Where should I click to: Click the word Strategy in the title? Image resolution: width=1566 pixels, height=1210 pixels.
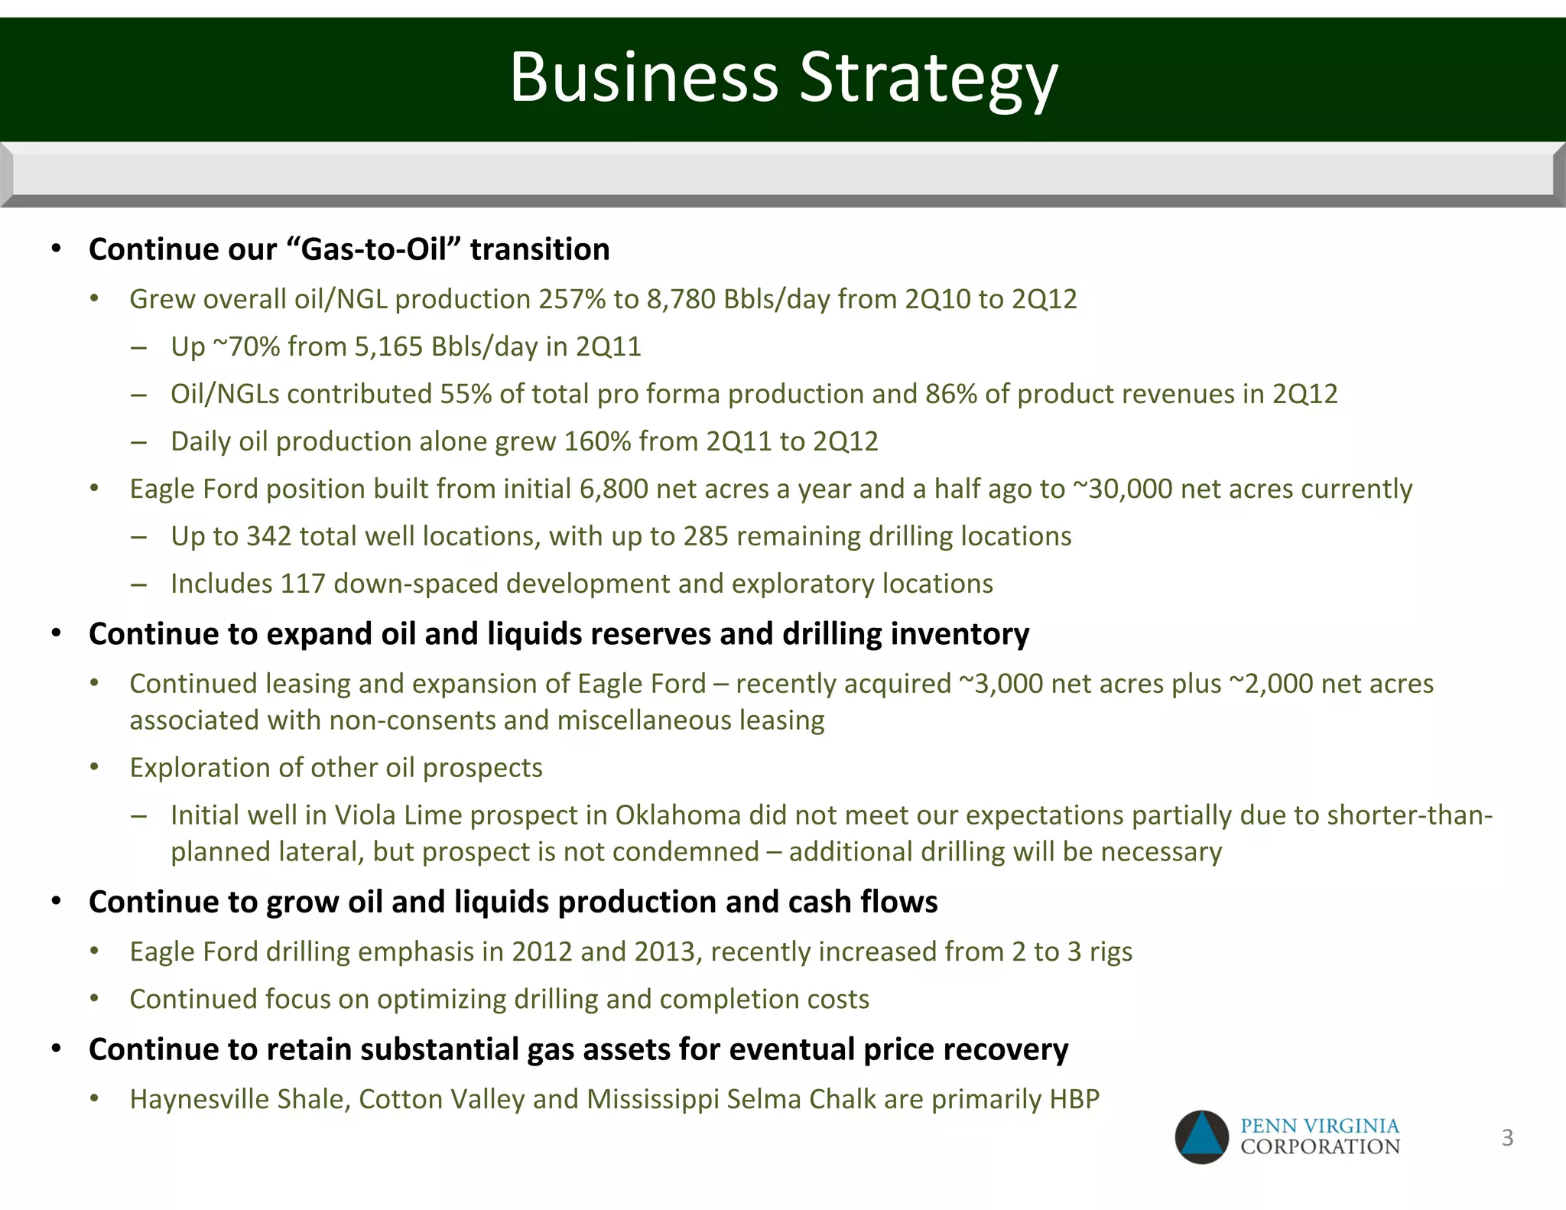[928, 78]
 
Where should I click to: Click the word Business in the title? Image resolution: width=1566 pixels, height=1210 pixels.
[644, 78]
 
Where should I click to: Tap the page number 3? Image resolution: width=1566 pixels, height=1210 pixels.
[1507, 1137]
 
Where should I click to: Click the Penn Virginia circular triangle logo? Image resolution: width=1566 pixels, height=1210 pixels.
[1201, 1137]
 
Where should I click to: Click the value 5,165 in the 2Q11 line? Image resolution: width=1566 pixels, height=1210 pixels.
[388, 346]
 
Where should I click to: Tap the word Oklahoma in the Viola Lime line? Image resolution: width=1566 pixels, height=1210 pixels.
[677, 815]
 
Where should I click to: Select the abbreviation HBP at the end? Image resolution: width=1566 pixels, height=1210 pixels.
[1074, 1099]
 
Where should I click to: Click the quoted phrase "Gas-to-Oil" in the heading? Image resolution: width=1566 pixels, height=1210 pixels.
[374, 249]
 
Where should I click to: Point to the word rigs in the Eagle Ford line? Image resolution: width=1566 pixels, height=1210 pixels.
[1111, 951]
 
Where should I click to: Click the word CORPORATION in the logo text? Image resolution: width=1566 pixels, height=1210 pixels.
[1320, 1147]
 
